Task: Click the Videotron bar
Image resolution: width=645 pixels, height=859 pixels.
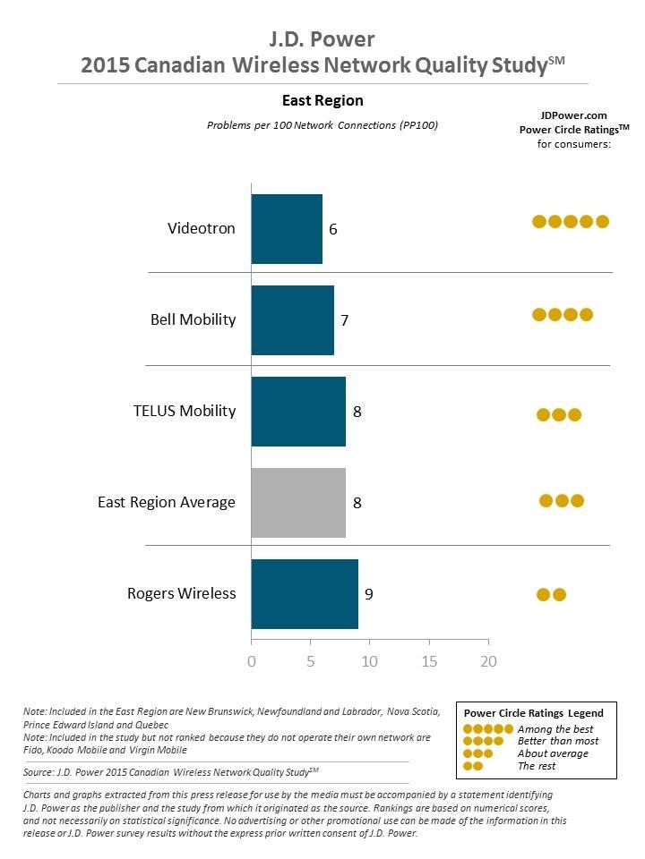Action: [x=287, y=228]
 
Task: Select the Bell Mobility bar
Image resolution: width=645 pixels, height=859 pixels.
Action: [x=292, y=319]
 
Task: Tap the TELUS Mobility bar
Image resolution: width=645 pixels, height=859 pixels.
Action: [x=298, y=411]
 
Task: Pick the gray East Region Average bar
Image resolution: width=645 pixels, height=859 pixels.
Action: [x=298, y=502]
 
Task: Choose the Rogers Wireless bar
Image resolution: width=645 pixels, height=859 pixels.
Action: [x=305, y=593]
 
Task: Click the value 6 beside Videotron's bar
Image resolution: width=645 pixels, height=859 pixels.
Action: [x=333, y=229]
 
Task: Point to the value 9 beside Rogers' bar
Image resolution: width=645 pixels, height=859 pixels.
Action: [x=369, y=593]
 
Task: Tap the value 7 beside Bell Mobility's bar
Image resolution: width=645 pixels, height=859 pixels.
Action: [x=345, y=320]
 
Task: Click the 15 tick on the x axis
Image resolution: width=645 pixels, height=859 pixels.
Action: [x=429, y=662]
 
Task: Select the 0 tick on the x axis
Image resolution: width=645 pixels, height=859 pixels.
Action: [x=252, y=662]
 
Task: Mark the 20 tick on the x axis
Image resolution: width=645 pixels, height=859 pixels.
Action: [x=488, y=662]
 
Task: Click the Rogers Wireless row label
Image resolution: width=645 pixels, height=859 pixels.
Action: [x=182, y=593]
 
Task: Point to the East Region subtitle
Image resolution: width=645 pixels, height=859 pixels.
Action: [x=322, y=100]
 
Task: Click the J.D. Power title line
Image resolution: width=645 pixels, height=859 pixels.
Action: [x=322, y=38]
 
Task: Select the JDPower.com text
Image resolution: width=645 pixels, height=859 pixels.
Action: [x=574, y=115]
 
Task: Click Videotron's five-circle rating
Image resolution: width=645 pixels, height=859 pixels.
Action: [x=571, y=221]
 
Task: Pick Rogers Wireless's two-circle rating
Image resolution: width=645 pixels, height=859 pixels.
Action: [x=551, y=594]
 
